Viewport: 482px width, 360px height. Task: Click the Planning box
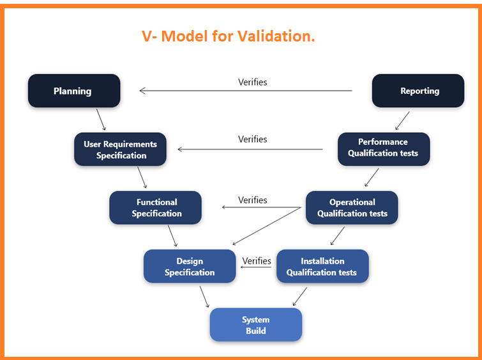(x=73, y=91)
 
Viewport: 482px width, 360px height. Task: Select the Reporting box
(x=419, y=91)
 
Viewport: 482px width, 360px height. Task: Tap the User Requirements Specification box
(x=120, y=149)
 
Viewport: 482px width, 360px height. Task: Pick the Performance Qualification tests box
(x=383, y=147)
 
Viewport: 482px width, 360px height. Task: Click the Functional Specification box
(x=156, y=207)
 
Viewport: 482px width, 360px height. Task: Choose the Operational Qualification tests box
(x=352, y=207)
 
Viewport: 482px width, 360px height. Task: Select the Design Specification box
(x=190, y=266)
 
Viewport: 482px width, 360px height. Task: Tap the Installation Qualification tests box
(x=322, y=266)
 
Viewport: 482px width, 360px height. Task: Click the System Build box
(x=255, y=325)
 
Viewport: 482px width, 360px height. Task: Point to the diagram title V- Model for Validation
(x=228, y=36)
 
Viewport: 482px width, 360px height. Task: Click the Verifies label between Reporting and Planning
(x=252, y=82)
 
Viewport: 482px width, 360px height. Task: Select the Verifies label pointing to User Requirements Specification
(x=252, y=139)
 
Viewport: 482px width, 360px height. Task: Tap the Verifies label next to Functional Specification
(x=252, y=200)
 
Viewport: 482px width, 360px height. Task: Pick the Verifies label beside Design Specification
(x=257, y=260)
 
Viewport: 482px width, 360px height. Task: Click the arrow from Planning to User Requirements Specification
(x=101, y=119)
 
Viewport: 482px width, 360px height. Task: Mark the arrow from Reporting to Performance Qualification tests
(x=402, y=120)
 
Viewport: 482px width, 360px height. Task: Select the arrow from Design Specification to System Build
(x=204, y=296)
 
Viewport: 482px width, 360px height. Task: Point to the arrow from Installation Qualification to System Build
(x=299, y=297)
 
